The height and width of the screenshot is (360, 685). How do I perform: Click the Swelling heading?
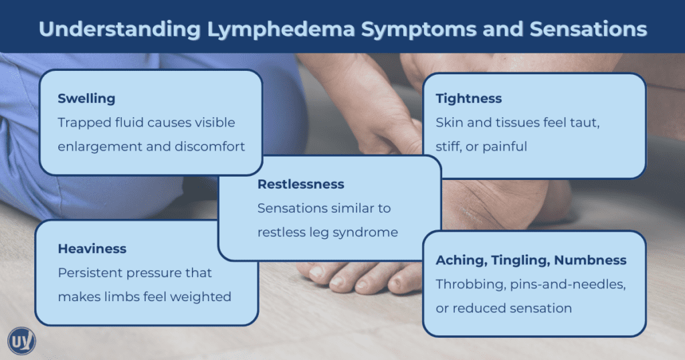[x=86, y=99]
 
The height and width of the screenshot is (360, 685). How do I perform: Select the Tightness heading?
[x=468, y=99]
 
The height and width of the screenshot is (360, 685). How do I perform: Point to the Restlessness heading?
[x=301, y=184]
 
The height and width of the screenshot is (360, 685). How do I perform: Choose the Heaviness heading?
[x=92, y=249]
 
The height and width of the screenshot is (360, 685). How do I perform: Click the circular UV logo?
[x=21, y=341]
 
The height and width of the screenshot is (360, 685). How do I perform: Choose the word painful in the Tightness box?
[x=503, y=147]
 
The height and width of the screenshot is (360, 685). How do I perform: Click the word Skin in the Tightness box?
[x=449, y=122]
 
